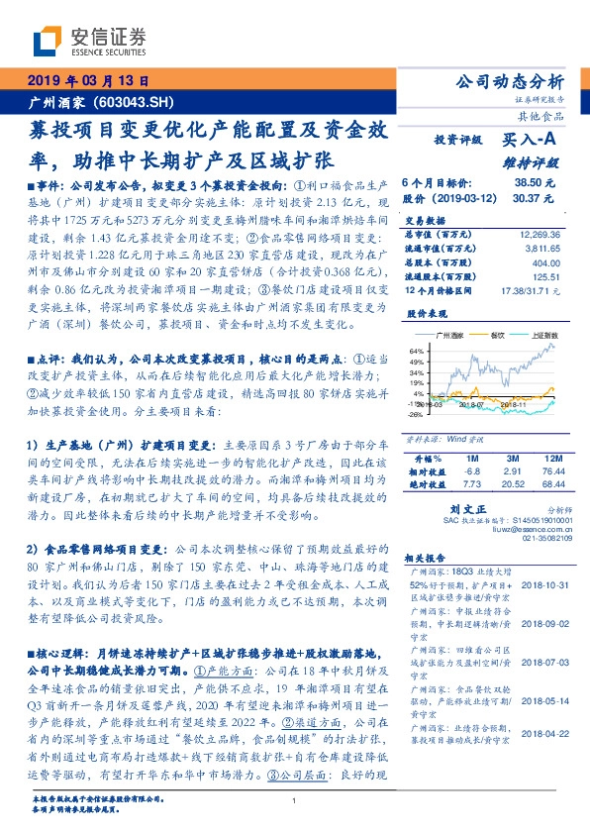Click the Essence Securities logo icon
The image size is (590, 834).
click(46, 42)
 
